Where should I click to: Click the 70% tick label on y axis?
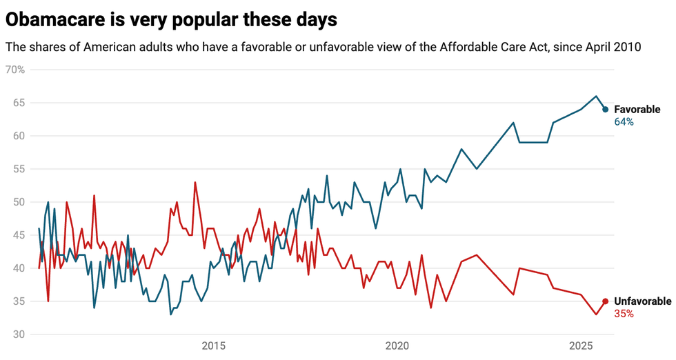point(14,70)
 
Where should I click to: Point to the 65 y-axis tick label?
point(19,103)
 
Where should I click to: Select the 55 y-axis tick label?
point(19,169)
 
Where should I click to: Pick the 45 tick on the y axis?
point(19,235)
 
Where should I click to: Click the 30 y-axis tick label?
point(19,334)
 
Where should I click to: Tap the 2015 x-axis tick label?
point(215,345)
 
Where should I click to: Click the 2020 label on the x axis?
point(398,345)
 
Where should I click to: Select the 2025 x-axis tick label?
point(581,345)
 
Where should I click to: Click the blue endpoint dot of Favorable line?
point(605,109)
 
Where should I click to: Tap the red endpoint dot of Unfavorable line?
point(605,301)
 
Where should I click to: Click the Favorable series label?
point(637,110)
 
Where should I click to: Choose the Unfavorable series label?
point(642,301)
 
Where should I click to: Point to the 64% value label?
point(624,122)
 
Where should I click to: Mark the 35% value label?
point(624,314)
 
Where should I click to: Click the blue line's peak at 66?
point(597,96)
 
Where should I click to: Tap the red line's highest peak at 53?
point(195,182)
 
